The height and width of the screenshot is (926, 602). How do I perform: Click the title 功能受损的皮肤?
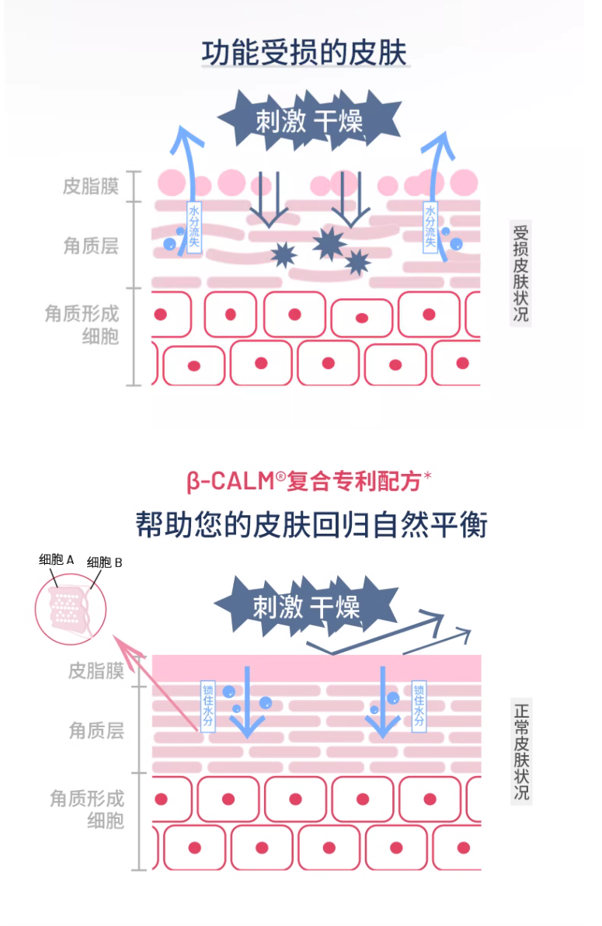[304, 53]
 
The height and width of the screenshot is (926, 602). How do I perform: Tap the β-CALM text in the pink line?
[230, 482]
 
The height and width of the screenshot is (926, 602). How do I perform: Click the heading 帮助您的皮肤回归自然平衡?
[311, 525]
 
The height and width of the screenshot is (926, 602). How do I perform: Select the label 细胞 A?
[57, 559]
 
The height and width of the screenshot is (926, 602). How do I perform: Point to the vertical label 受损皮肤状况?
[520, 273]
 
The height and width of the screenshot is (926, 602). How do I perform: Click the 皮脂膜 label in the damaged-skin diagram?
[90, 187]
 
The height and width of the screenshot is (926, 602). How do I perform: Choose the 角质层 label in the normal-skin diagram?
[96, 730]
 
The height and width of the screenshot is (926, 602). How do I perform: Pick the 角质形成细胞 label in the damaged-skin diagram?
[82, 325]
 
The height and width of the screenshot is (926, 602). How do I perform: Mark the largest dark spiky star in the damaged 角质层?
[329, 243]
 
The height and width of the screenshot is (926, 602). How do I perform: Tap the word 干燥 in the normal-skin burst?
[336, 607]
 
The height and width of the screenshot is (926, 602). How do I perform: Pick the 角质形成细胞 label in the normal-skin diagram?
[87, 809]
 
